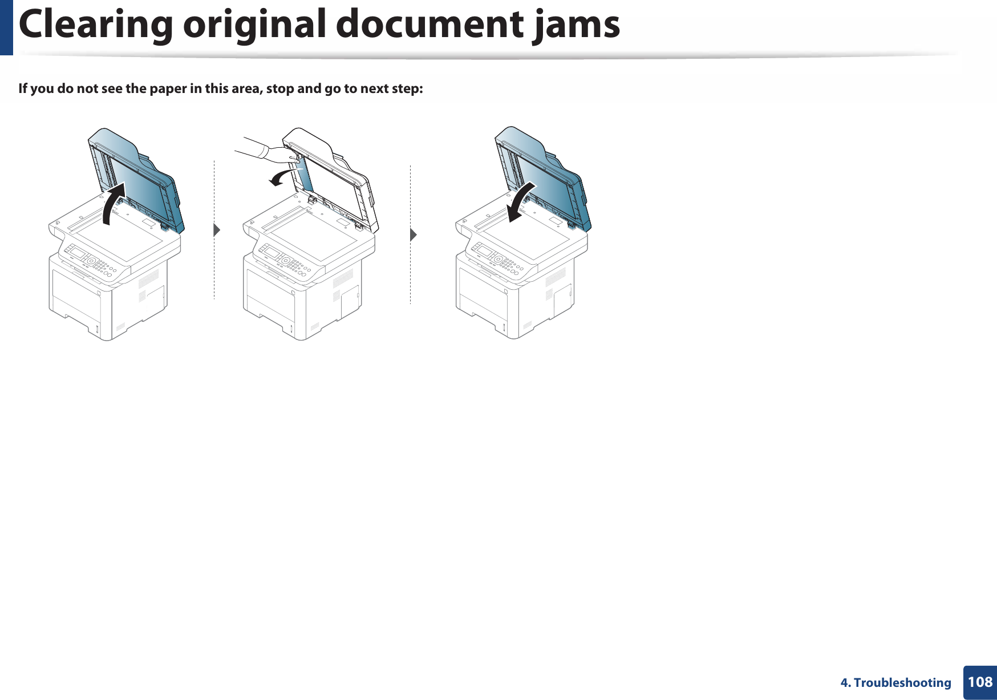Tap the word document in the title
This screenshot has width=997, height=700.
(429, 25)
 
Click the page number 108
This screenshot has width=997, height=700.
(980, 682)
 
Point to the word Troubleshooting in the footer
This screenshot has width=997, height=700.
(902, 682)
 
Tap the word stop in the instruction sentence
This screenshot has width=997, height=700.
(279, 88)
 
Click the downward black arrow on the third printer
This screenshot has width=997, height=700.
(523, 202)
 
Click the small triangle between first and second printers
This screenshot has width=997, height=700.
(217, 230)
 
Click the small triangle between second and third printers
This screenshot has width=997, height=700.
(414, 234)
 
